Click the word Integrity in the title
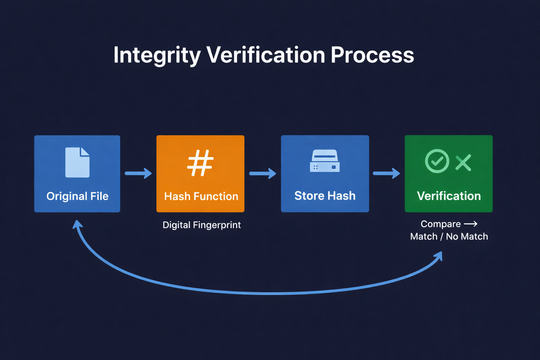pos(157,55)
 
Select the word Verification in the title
pos(265,55)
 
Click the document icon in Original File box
pos(77,162)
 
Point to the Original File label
pos(77,196)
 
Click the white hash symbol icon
pos(200,163)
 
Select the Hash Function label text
pos(201,196)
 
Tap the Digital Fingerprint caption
pos(201,225)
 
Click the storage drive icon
pos(325,161)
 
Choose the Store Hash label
pos(325,195)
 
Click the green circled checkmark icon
pos(437,161)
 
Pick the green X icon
pos(463,163)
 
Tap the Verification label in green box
pos(449,196)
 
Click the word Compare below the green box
pos(441,224)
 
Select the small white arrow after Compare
pos(470,224)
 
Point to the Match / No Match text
pos(449,237)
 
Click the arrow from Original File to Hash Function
pos(138,173)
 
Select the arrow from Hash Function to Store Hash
pos(263,173)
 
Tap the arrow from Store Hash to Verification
pos(386,173)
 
